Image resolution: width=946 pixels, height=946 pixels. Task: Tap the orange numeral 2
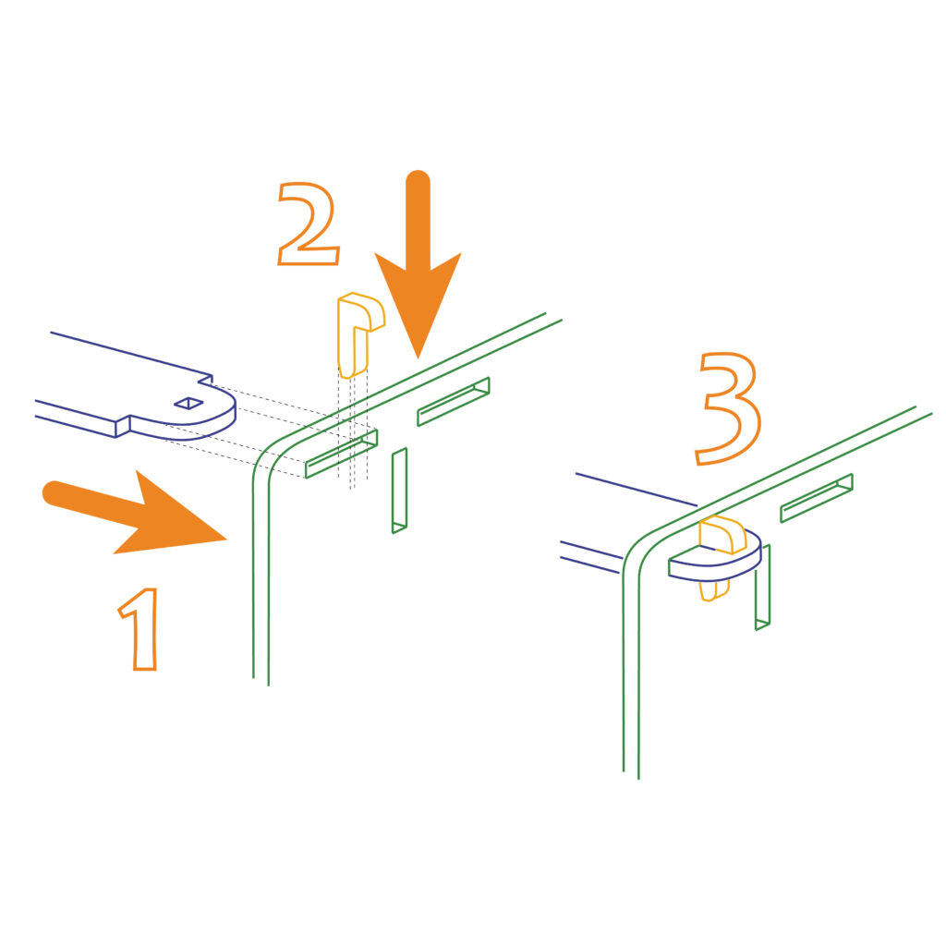tap(308, 224)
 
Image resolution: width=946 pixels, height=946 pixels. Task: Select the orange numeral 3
tap(729, 407)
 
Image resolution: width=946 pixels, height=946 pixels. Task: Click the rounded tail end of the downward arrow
tap(418, 182)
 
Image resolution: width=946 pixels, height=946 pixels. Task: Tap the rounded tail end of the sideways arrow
tap(55, 493)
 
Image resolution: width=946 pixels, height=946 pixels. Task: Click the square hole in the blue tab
tap(188, 403)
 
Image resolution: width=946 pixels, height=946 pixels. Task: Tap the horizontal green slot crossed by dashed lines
tap(342, 454)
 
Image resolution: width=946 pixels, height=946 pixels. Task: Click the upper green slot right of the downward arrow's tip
tap(453, 401)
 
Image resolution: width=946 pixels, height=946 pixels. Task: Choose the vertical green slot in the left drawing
tap(399, 491)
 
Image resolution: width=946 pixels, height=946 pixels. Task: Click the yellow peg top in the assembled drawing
tap(722, 534)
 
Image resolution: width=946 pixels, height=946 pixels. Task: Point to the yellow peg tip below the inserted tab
tap(714, 590)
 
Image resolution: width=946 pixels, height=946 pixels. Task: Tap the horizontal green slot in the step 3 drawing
tap(817, 498)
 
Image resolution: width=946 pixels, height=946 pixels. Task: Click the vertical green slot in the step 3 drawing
tap(762, 587)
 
